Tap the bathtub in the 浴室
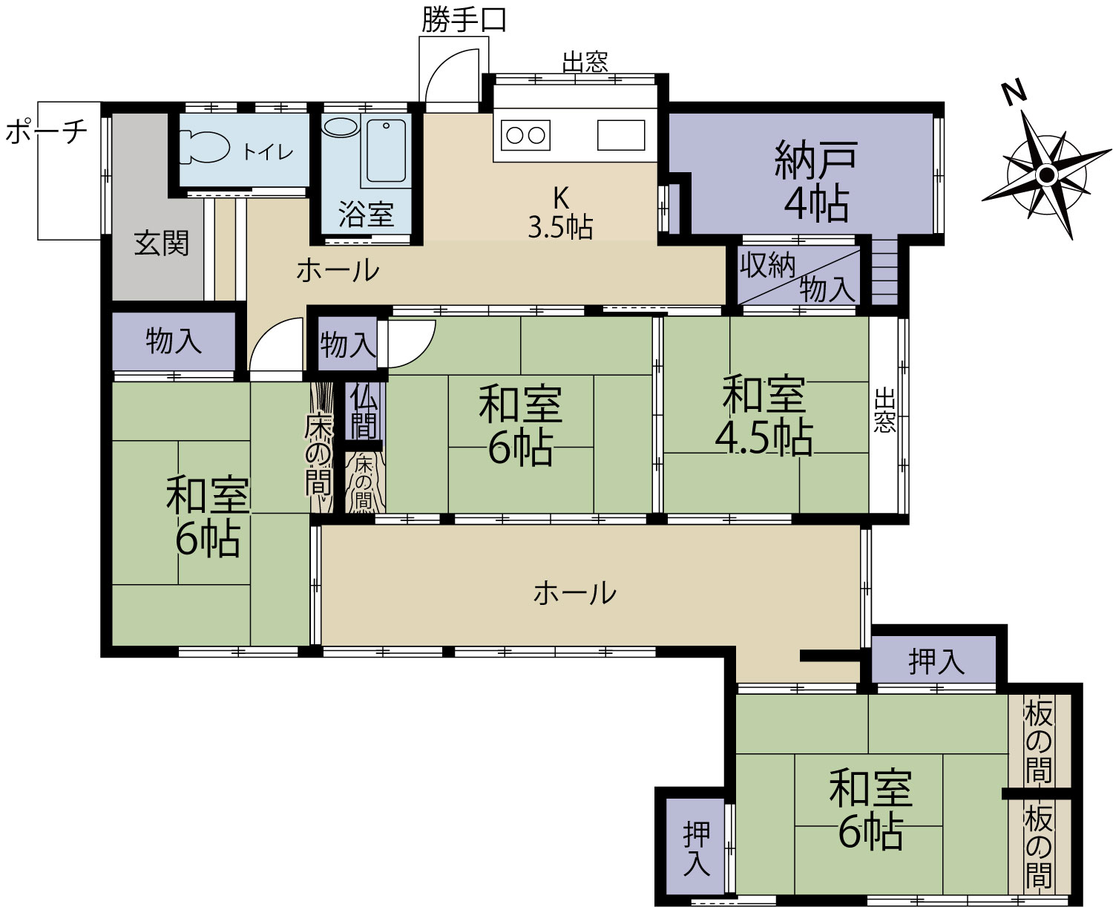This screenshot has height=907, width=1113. pos(386,151)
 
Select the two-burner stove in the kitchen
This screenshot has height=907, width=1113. pos(525,135)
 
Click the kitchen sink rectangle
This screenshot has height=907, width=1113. pos(621,135)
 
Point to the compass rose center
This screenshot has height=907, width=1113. pos(1047,174)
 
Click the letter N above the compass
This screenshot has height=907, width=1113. pos(1015,94)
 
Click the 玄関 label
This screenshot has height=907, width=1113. pos(161,243)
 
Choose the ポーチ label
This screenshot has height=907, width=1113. pos(46,131)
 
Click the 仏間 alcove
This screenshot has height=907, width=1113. pos(364,413)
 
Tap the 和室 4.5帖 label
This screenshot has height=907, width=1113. pos(764,416)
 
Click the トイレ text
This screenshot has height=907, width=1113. pos(268,152)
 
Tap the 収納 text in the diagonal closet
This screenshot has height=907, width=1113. pos(767,266)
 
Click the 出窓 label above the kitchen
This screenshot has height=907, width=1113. pos(585,62)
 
